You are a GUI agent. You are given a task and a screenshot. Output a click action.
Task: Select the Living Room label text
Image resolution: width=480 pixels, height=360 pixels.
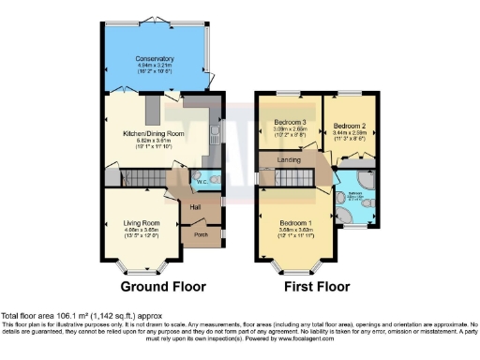(143, 222)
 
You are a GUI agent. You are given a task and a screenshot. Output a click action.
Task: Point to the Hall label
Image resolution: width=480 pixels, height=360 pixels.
(197, 207)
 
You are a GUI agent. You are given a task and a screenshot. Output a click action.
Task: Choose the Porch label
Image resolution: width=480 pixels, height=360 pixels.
(200, 235)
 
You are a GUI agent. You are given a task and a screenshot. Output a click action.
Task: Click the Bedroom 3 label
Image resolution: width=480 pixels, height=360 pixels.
(290, 123)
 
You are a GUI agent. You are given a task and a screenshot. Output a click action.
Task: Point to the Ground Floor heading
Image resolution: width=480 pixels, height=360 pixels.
(157, 286)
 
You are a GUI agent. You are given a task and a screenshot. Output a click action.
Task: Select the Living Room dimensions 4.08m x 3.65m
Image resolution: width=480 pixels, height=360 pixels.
(143, 230)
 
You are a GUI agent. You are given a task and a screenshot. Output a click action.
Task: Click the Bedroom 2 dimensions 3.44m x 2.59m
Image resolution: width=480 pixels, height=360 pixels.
(348, 134)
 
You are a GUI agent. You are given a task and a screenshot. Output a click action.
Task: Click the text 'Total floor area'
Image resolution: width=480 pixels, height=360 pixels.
(24, 316)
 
